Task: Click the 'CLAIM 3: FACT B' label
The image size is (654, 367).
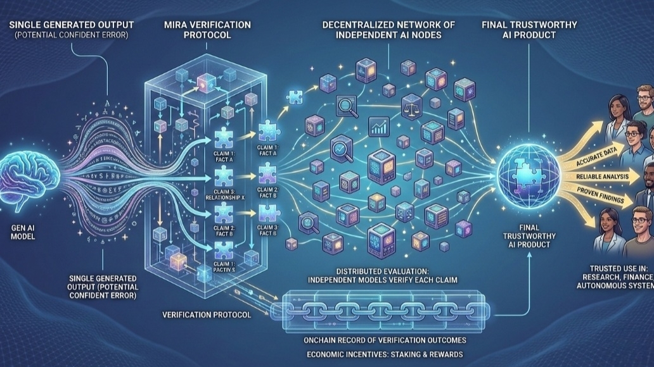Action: [268, 230]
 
